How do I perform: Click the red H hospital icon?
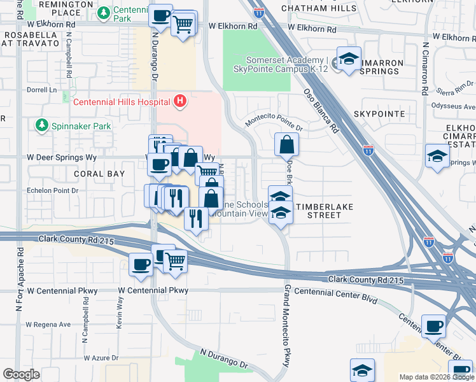click(181, 101)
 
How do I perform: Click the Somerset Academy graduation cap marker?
click(349, 60)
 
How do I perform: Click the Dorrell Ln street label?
click(41, 90)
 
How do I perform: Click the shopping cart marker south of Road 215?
click(175, 260)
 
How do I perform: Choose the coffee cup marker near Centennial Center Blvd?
click(434, 327)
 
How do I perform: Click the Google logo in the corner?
click(21, 374)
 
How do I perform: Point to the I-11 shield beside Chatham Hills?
click(258, 11)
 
